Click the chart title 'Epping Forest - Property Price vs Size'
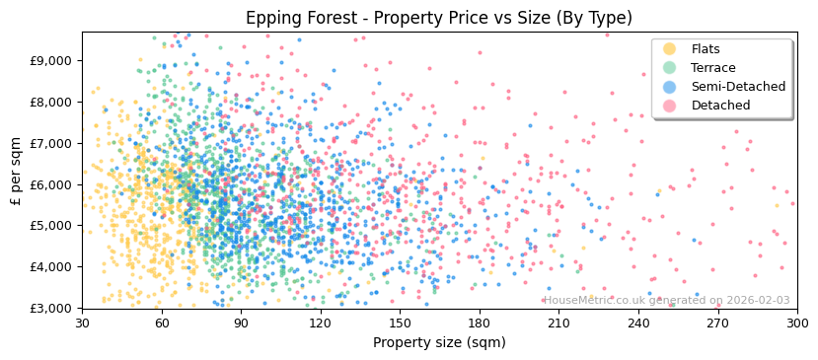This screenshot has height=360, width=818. pos(439,18)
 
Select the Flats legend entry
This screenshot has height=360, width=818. pos(706,49)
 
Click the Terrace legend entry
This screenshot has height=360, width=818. pos(712,68)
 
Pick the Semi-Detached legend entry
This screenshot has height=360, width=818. pos(738,87)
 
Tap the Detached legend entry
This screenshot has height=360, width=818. pos(720,106)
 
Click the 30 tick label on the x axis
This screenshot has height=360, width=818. pos(82,324)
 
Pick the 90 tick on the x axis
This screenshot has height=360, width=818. pos(241,324)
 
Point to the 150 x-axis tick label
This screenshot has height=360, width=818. pos(400,324)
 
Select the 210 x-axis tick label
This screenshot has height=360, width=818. pos(558,324)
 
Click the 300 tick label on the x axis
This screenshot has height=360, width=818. pos(796,324)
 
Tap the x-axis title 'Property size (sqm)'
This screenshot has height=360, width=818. pos(439,343)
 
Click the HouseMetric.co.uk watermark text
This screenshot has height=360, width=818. pos(666,301)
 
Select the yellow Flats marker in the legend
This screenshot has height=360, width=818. pos(670,49)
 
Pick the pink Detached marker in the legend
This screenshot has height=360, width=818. pos(670,106)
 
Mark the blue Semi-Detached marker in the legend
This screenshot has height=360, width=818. pos(670,87)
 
